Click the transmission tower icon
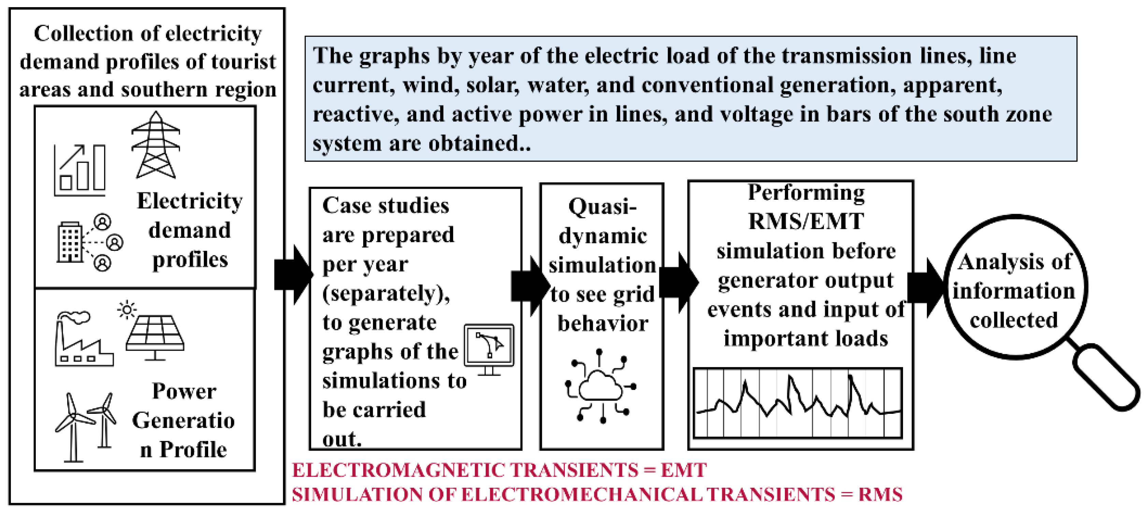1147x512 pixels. [155, 145]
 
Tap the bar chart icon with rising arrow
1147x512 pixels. [80, 170]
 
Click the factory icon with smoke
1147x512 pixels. [84, 338]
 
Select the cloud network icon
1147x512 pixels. [601, 386]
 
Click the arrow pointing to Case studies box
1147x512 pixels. [293, 274]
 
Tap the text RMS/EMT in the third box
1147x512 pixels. [806, 222]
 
